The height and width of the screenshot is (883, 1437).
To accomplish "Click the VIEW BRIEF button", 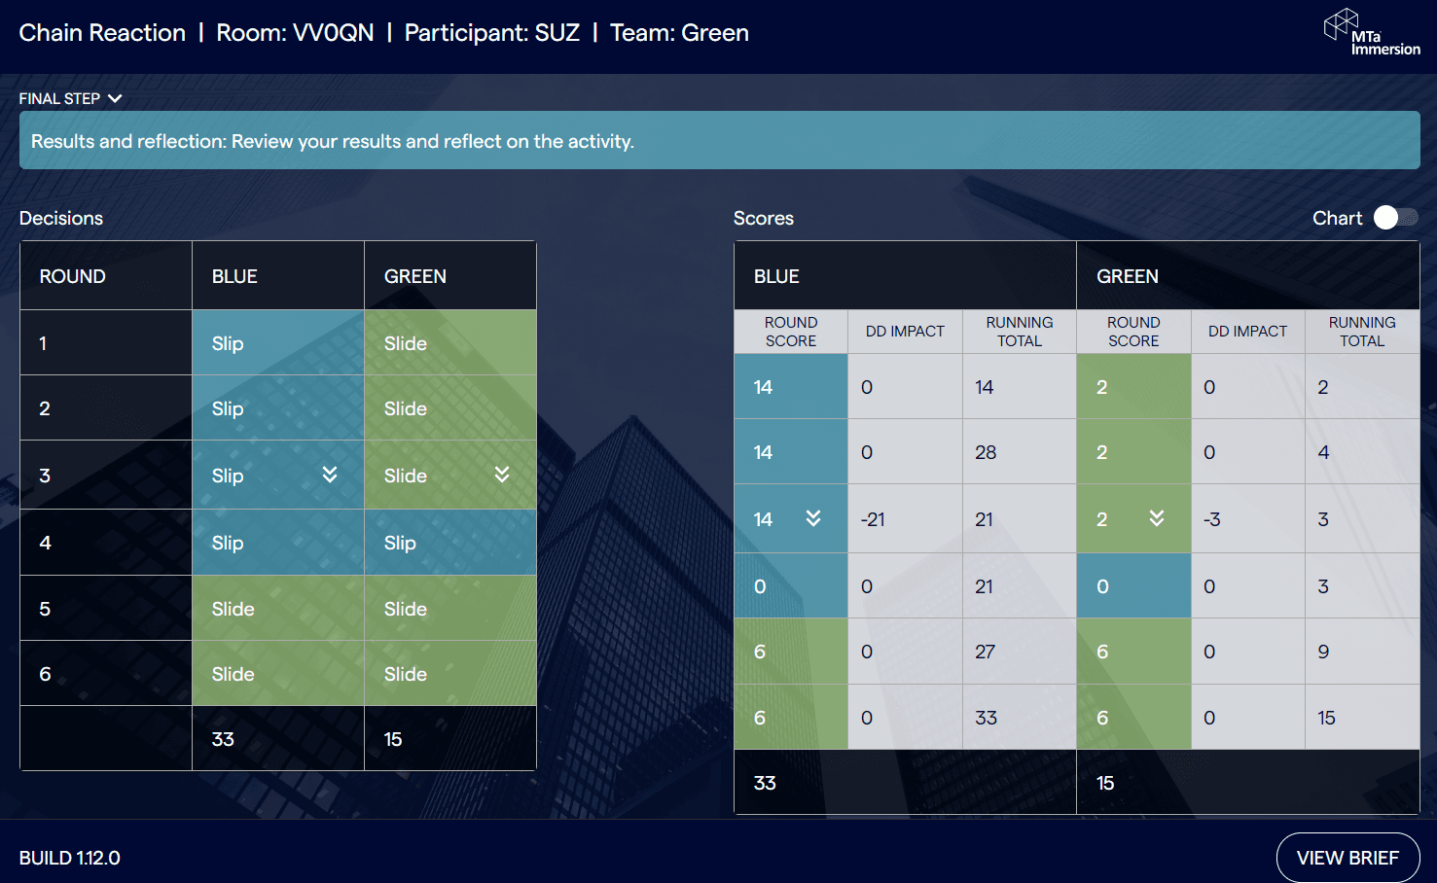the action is pos(1347,858).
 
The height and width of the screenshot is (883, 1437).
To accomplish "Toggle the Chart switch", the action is pos(1395,218).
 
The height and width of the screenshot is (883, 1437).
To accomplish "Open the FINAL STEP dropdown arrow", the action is pos(115,98).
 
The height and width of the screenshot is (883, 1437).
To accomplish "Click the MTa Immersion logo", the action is pos(1372,32).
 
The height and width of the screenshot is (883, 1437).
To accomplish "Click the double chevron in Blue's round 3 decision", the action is pos(330,474).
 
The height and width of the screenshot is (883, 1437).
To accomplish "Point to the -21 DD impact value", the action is pos(873,518).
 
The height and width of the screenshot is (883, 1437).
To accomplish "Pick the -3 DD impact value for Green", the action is pos(1212,518).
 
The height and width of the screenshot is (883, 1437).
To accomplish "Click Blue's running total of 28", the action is pos(986,452).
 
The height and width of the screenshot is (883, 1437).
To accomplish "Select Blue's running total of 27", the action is pos(985,652).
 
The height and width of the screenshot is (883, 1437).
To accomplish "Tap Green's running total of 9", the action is pos(1323,652).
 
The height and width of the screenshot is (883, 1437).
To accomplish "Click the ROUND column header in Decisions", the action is pos(73,276).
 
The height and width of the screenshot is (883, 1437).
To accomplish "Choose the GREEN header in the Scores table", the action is pos(1128,276).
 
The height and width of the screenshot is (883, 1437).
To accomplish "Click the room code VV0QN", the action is pos(333,33).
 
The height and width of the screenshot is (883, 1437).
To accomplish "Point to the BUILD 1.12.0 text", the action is pos(69,858).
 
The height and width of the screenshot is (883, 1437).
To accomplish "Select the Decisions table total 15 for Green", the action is pos(393,739).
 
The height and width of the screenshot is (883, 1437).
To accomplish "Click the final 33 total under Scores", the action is pos(765,783).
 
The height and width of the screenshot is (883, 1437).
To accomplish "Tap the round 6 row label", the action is pos(45,674).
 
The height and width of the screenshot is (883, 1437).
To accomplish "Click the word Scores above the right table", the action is pos(764,218).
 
